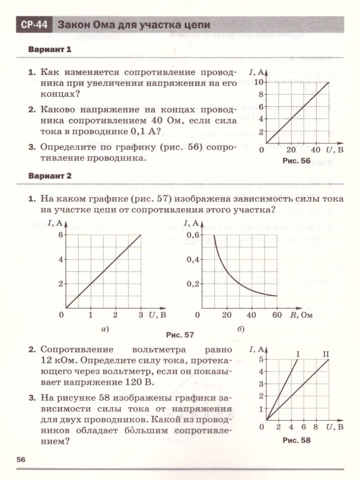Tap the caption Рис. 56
pyautogui.click(x=296, y=161)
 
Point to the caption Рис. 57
pyautogui.click(x=180, y=335)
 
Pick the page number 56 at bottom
pyautogui.click(x=21, y=460)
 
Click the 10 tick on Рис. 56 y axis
pyautogui.click(x=259, y=82)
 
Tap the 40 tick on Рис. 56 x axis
pyautogui.click(x=316, y=150)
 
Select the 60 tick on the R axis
pyautogui.click(x=276, y=315)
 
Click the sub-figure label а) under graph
pyautogui.click(x=105, y=329)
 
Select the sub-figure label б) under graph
pyautogui.click(x=241, y=329)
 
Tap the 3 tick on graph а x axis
pyautogui.click(x=140, y=315)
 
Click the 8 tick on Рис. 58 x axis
pyautogui.click(x=316, y=427)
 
